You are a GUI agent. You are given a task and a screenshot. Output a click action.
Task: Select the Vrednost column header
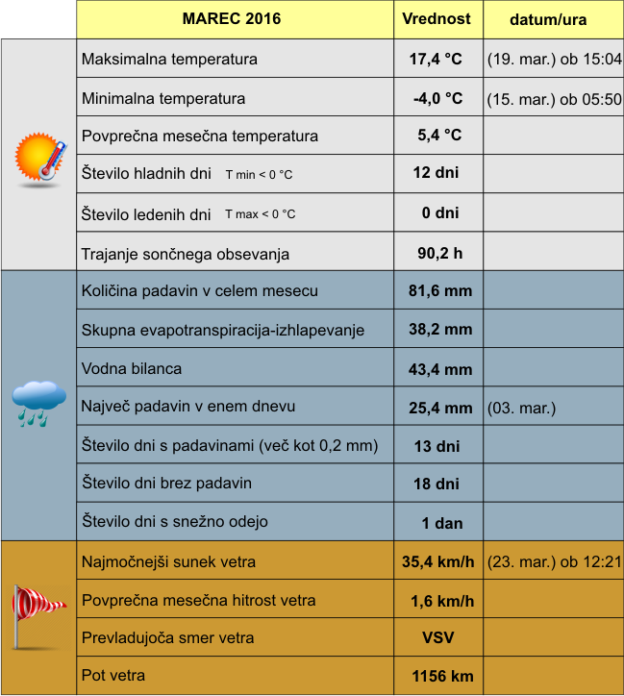point(437,19)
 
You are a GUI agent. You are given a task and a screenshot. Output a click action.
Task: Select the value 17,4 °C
point(436,60)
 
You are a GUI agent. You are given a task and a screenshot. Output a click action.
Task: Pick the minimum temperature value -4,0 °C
point(437,98)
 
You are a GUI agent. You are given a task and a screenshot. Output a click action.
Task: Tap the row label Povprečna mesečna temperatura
point(200,136)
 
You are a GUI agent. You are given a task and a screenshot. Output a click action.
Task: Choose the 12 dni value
point(436,174)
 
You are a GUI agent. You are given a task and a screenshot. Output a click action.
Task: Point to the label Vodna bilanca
point(132,368)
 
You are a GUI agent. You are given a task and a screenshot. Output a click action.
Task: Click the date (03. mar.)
point(522,408)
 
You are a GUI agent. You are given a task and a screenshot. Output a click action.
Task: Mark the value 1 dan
point(441,524)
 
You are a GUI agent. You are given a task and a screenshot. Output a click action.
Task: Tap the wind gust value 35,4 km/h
point(438,562)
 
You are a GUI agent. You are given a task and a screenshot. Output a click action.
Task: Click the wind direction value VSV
point(438,638)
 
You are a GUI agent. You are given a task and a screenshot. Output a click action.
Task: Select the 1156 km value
point(442,677)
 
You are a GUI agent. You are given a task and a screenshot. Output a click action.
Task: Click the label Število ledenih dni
point(146,214)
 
